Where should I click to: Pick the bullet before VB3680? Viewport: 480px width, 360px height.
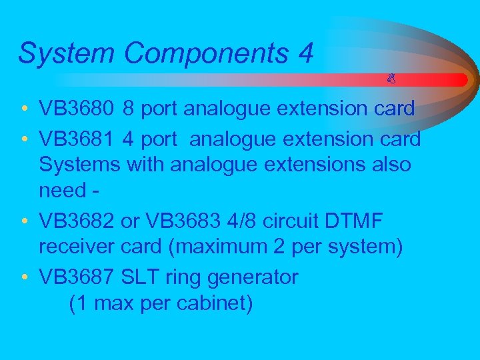(x=24, y=109)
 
